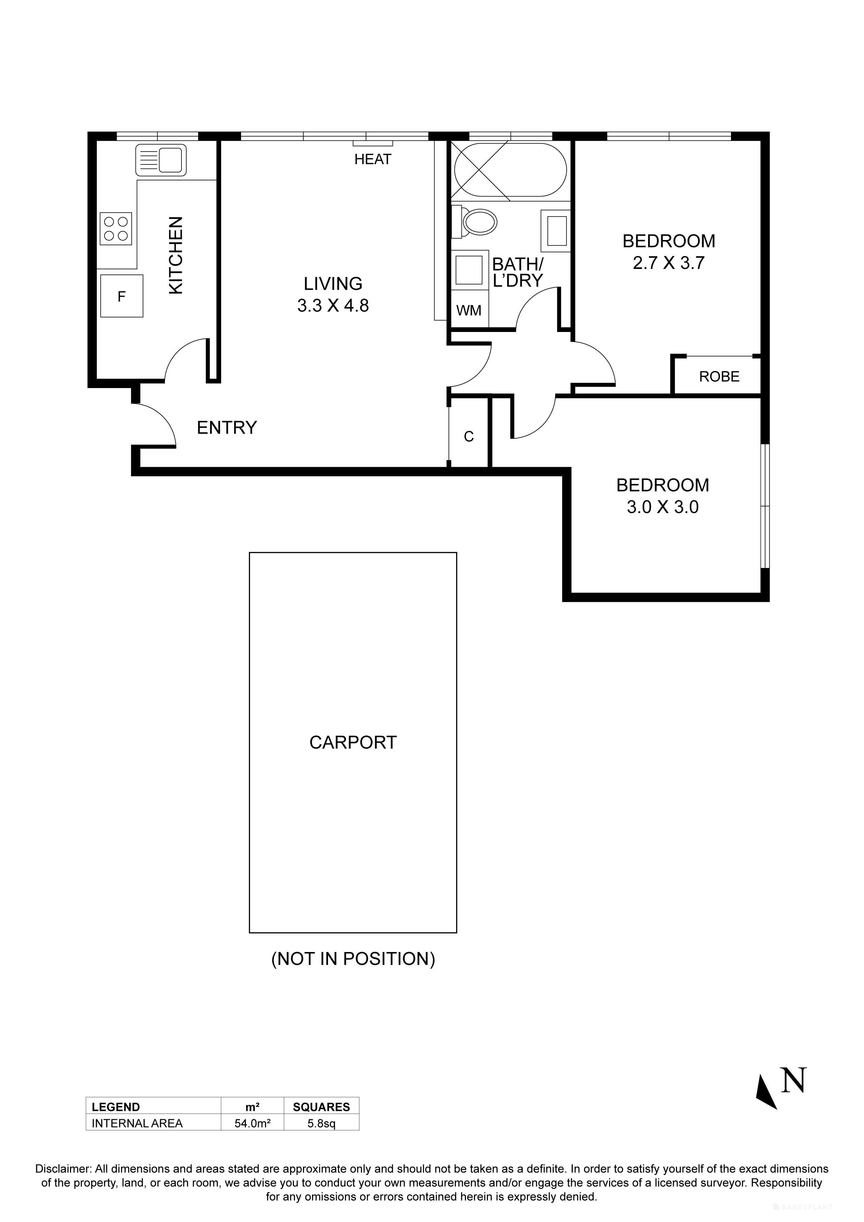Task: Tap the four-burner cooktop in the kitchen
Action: [116, 229]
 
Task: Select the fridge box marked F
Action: [122, 296]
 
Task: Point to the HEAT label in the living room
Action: [373, 159]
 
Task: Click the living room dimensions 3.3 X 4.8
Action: [333, 305]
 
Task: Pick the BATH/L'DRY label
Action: [517, 272]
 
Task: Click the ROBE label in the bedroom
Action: [719, 377]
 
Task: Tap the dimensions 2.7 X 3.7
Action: [669, 263]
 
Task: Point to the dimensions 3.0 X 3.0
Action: [662, 507]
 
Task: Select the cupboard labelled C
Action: [469, 436]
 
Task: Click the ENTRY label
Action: [227, 427]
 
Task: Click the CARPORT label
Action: [353, 742]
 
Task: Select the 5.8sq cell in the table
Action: [321, 1123]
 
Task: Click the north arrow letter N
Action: [793, 1081]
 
